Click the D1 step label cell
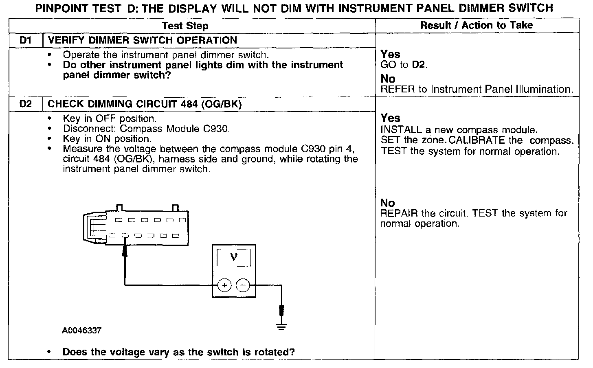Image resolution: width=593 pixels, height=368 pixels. pos(25,40)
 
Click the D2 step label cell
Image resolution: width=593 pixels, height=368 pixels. pos(25,104)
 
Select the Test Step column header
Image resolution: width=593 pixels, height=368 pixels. pos(185,26)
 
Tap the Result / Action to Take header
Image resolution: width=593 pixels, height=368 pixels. pos(477,25)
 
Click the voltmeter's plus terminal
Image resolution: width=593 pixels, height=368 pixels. pos(224,285)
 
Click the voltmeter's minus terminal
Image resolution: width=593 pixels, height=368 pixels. pos(243,285)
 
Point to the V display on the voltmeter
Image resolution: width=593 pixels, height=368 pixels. pos(234,257)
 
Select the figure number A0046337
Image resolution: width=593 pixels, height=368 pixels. pos(82,331)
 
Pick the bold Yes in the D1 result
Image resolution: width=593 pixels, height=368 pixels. pos(390,54)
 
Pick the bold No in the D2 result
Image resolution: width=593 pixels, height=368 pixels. pos(388,203)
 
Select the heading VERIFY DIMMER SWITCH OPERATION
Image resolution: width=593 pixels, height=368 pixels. pos(143,40)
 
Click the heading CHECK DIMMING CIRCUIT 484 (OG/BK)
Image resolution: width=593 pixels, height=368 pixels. pos(145,104)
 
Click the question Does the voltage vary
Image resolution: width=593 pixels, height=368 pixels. pos(178,352)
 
